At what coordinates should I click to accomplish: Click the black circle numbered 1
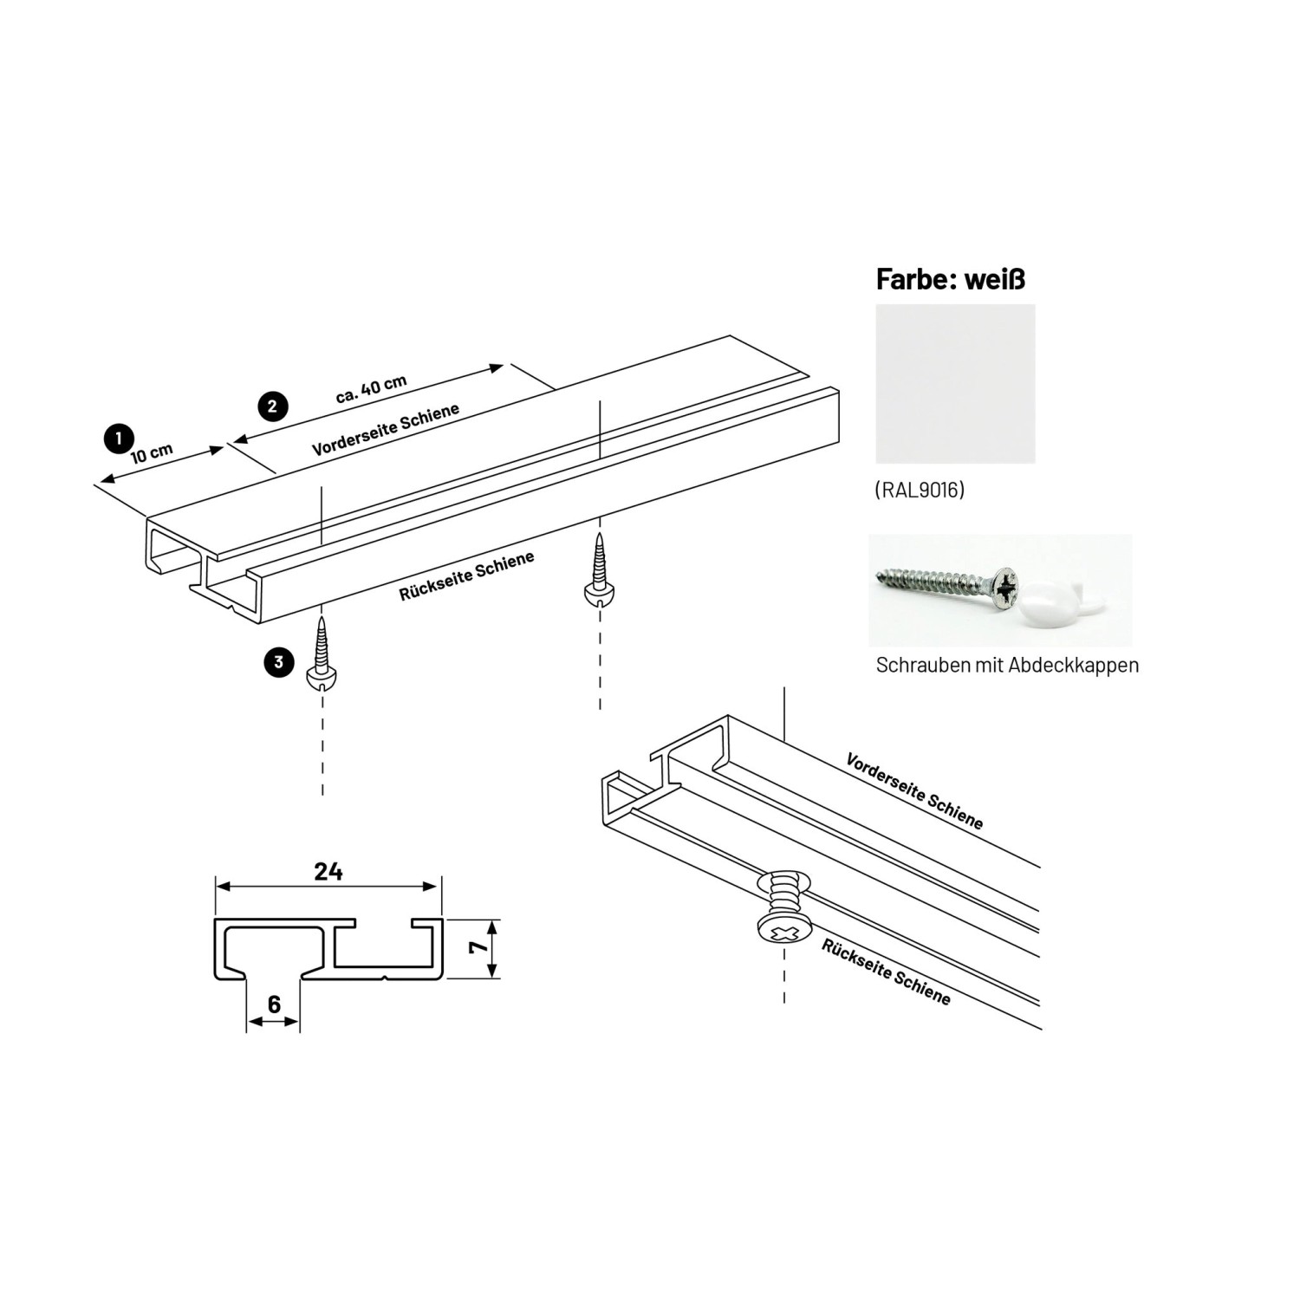119,439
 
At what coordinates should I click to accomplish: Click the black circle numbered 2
272,406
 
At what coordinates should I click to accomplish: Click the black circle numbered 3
278,663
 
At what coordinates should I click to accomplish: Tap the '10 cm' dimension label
153,453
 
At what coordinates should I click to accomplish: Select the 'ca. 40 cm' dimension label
371,389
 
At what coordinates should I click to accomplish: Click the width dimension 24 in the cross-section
328,871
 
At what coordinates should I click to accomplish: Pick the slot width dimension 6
274,1004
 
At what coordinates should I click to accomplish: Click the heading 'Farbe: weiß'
951,279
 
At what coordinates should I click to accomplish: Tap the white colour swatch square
955,383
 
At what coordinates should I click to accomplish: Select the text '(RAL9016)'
920,491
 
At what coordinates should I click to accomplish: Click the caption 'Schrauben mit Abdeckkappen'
1007,666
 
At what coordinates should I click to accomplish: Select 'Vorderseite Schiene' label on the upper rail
386,430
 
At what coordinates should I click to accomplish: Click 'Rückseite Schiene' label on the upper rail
466,576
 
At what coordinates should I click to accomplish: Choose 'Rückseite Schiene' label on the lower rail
886,972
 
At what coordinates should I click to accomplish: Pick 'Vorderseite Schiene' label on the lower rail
914,791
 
